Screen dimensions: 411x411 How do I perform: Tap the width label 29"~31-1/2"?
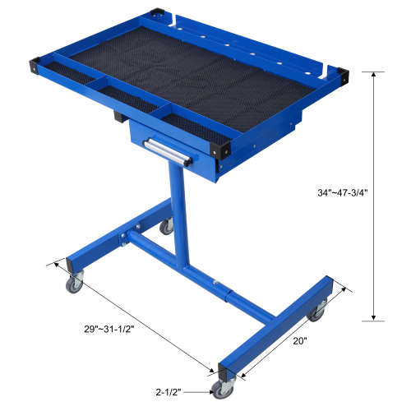tap(108, 328)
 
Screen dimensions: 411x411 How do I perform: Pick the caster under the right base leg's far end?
tap(315, 312)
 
